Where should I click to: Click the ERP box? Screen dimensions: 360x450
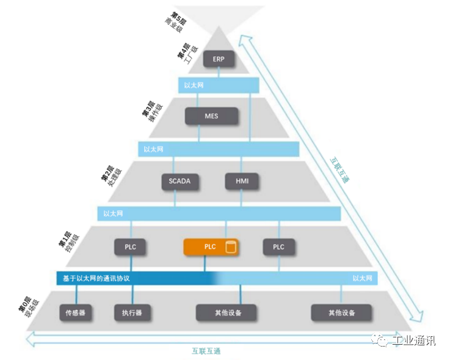pos(219,59)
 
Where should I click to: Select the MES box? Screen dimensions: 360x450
pos(211,116)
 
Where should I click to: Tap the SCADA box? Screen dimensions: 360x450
pos(176,181)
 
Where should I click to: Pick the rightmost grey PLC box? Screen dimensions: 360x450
pos(278,247)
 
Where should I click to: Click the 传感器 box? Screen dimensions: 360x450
pos(76,313)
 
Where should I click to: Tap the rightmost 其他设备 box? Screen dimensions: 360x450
pos(342,313)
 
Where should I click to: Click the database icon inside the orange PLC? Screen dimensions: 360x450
pos(230,248)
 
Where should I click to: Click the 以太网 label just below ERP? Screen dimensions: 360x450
pos(193,85)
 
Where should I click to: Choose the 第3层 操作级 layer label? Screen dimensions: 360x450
pos(153,109)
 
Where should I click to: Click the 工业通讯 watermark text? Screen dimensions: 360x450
pos(415,341)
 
